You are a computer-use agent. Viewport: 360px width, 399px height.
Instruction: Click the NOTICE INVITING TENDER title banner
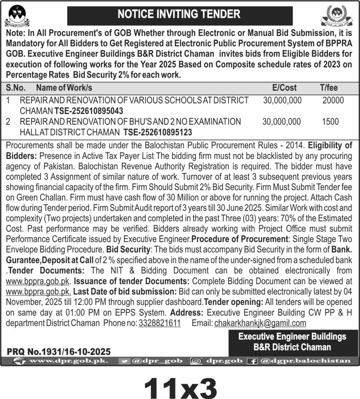click(179, 15)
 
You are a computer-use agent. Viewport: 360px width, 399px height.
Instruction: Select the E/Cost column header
click(284, 88)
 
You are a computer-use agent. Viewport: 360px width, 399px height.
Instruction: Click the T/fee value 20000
click(333, 101)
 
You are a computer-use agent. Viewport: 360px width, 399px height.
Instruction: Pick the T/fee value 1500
click(330, 122)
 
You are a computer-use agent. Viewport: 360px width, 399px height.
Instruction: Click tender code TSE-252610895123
click(158, 132)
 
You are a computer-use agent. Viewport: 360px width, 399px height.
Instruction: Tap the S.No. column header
click(16, 88)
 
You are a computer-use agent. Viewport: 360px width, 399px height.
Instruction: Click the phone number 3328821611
click(160, 323)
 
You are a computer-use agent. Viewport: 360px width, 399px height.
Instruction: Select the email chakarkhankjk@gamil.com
click(260, 323)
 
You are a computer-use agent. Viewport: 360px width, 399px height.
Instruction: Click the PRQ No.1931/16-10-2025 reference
click(59, 351)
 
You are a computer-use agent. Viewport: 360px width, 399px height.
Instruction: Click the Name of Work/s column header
click(64, 88)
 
